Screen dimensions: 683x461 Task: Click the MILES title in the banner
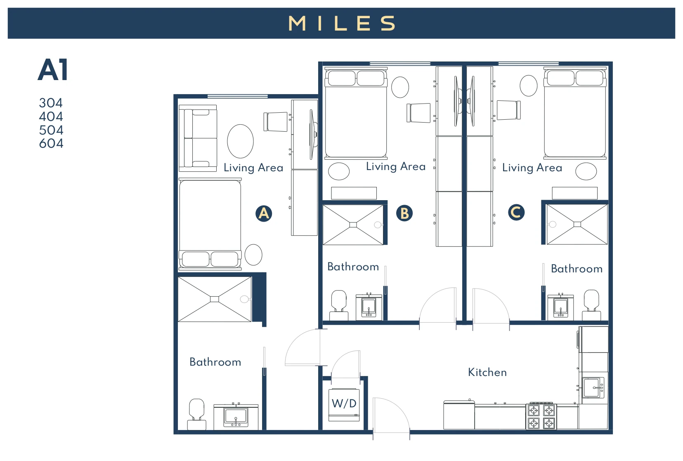coord(342,23)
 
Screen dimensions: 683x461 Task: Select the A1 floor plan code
coord(53,70)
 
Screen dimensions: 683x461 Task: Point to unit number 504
coord(51,130)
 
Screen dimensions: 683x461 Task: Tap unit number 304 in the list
coord(51,103)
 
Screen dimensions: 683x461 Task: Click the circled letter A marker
coord(264,213)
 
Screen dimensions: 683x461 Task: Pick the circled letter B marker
coord(404,213)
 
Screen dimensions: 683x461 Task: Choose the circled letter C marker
coord(516,212)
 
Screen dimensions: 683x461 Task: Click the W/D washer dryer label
coord(344,403)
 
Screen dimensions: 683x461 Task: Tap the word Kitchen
coord(487,372)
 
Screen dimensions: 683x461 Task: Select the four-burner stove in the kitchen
coord(541,416)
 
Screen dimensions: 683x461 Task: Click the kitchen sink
coord(593,388)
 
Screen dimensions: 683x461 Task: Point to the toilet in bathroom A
coord(197,414)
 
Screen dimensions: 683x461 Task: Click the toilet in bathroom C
coord(591,305)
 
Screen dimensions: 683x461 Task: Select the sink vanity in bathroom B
coord(369,307)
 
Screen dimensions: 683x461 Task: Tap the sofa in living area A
coord(198,138)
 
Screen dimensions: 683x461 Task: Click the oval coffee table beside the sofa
coord(240,141)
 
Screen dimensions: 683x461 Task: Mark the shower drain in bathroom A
coord(214,299)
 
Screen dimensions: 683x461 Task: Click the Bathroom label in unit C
coord(577,269)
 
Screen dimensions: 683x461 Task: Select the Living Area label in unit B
coord(395,166)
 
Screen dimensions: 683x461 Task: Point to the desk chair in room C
coord(508,110)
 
